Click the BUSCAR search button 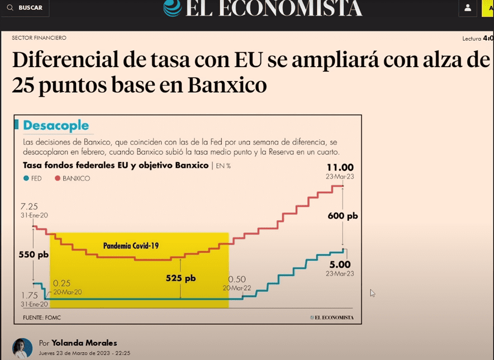click(25, 8)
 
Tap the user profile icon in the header click(467, 8)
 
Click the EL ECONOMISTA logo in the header click(263, 8)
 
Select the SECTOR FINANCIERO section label click(39, 38)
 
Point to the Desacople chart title click(56, 126)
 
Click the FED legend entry click(34, 178)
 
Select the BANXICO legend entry click(72, 178)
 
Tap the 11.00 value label click(340, 167)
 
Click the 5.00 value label click(340, 264)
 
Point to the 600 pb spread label click(344, 216)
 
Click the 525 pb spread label click(181, 278)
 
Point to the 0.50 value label click(237, 279)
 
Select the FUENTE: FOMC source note click(40, 318)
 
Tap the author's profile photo click(22, 348)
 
